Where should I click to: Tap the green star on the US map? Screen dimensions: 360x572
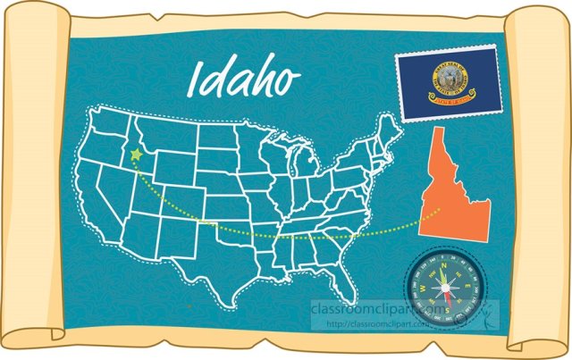click(x=136, y=155)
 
